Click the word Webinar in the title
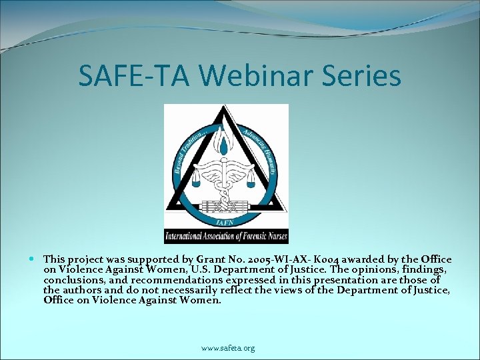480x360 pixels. click(x=253, y=75)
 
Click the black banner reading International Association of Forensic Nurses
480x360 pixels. click(x=226, y=237)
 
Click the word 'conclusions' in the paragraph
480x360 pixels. click(x=72, y=280)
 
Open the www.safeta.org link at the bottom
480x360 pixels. click(x=228, y=348)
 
